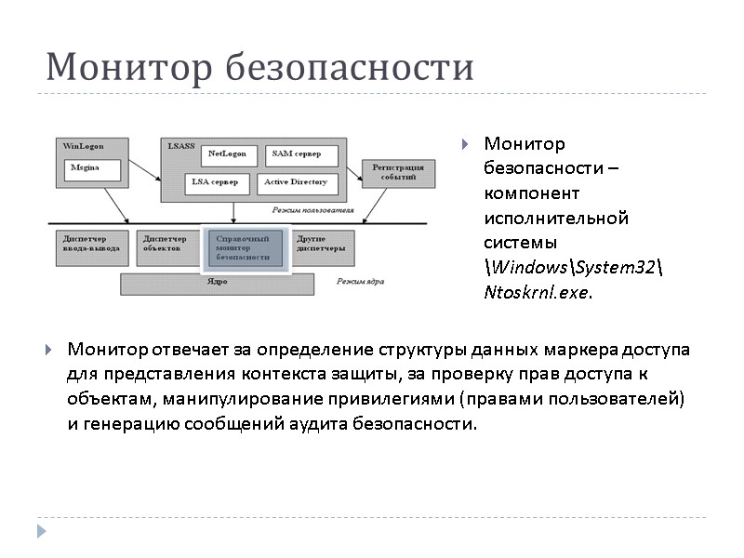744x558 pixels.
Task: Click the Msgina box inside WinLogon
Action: coord(94,169)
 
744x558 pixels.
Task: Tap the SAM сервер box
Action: coord(301,154)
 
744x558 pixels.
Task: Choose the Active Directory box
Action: coord(296,182)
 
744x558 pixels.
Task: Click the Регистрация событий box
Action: coord(397,171)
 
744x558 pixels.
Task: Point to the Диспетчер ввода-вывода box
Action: coord(88,244)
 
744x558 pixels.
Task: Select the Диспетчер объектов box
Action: coord(165,244)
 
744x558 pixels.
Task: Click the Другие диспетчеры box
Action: coord(322,244)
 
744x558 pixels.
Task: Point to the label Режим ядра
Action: coord(360,280)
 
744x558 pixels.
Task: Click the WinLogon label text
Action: coord(83,146)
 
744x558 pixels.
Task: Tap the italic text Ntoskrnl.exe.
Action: coord(538,291)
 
